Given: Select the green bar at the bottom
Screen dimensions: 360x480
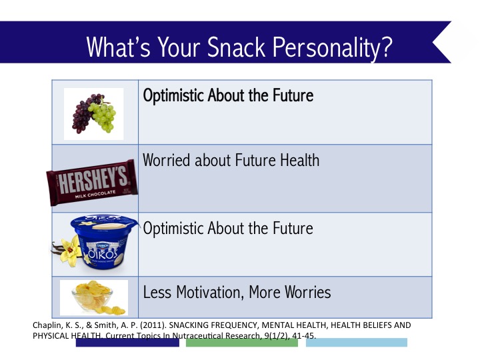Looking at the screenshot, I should click(x=241, y=343).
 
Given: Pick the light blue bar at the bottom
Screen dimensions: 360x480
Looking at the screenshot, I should click(x=356, y=343).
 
